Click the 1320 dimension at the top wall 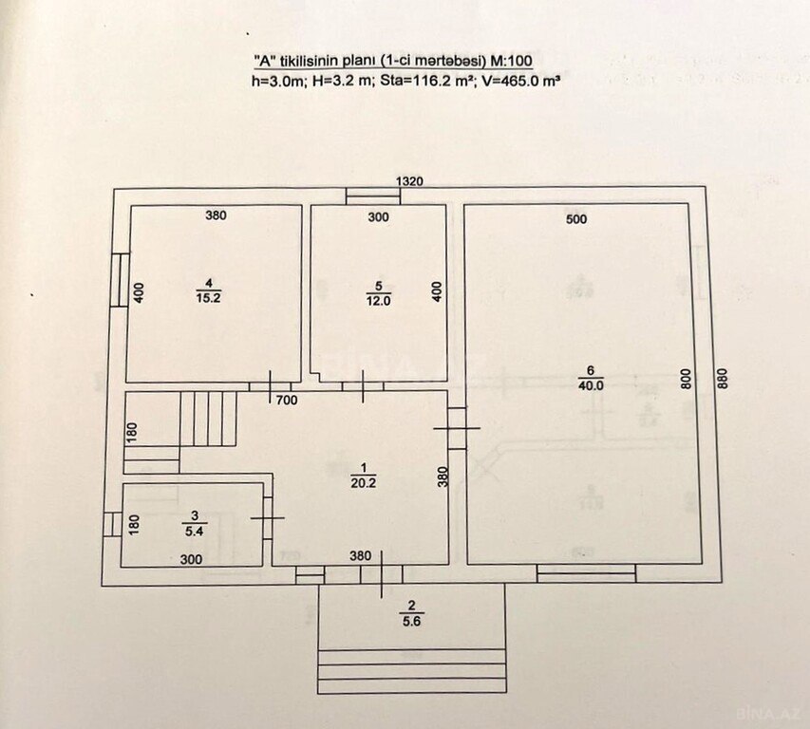[x=409, y=181]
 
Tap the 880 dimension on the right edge [x=723, y=379]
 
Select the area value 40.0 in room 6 [x=591, y=385]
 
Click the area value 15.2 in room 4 [x=209, y=298]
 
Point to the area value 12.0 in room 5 [x=379, y=301]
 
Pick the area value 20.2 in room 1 [x=363, y=483]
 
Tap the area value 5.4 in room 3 [x=195, y=531]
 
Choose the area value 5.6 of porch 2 [x=412, y=622]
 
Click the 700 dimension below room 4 [x=287, y=401]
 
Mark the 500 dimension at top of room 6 [x=576, y=219]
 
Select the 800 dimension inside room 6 [x=686, y=380]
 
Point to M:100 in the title [x=511, y=61]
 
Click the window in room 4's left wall [x=120, y=280]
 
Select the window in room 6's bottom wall [x=586, y=573]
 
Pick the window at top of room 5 [x=373, y=196]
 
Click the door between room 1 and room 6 [x=457, y=428]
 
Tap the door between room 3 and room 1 [x=268, y=518]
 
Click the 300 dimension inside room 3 [x=191, y=559]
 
